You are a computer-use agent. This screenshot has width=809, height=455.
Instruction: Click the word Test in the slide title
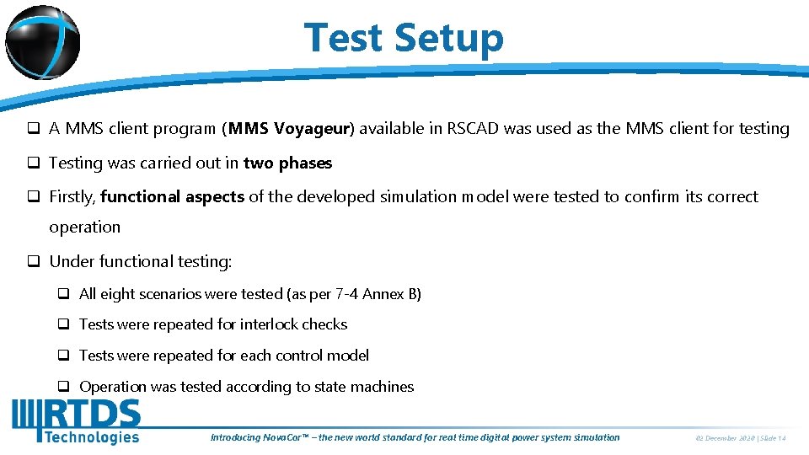tap(341, 38)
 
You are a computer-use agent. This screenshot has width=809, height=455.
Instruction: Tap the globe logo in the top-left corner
tap(42, 42)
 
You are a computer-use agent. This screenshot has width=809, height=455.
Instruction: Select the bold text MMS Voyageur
tap(290, 129)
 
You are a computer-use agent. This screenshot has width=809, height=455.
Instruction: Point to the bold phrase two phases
tap(287, 163)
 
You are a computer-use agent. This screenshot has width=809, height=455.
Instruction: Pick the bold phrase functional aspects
tap(172, 196)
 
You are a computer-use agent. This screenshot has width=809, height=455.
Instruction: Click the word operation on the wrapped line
tap(84, 227)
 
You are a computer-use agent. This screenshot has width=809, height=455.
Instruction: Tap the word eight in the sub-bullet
tap(117, 294)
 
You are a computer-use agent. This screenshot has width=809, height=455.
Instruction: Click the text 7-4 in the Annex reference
tap(347, 294)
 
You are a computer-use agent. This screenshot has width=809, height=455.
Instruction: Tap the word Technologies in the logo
tap(91, 436)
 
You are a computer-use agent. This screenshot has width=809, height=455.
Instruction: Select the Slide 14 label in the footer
tap(774, 438)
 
